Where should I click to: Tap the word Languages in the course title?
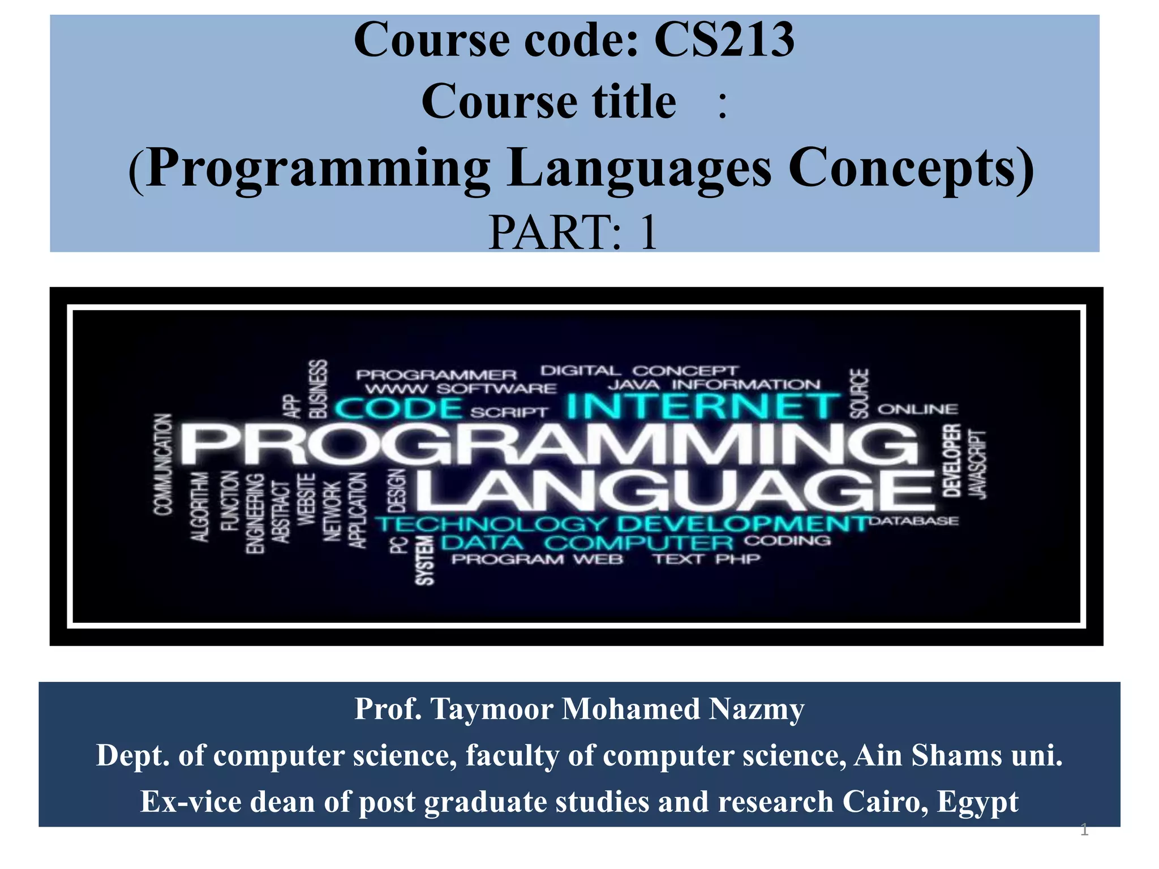pos(639,169)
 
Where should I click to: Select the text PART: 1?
pos(573,232)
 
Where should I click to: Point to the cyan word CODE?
pos(398,408)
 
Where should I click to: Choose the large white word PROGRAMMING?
pos(548,446)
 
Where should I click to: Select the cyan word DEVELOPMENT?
pos(742,523)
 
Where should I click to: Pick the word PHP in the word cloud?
pos(737,559)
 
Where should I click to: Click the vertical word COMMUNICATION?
pos(163,464)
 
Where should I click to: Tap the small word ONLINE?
pos(917,409)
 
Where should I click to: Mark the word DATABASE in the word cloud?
pos(913,520)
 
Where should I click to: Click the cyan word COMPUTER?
pos(639,543)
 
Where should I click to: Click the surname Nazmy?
pos(756,709)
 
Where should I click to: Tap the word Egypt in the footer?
pos(977,802)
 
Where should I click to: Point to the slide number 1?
pos(1084,830)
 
